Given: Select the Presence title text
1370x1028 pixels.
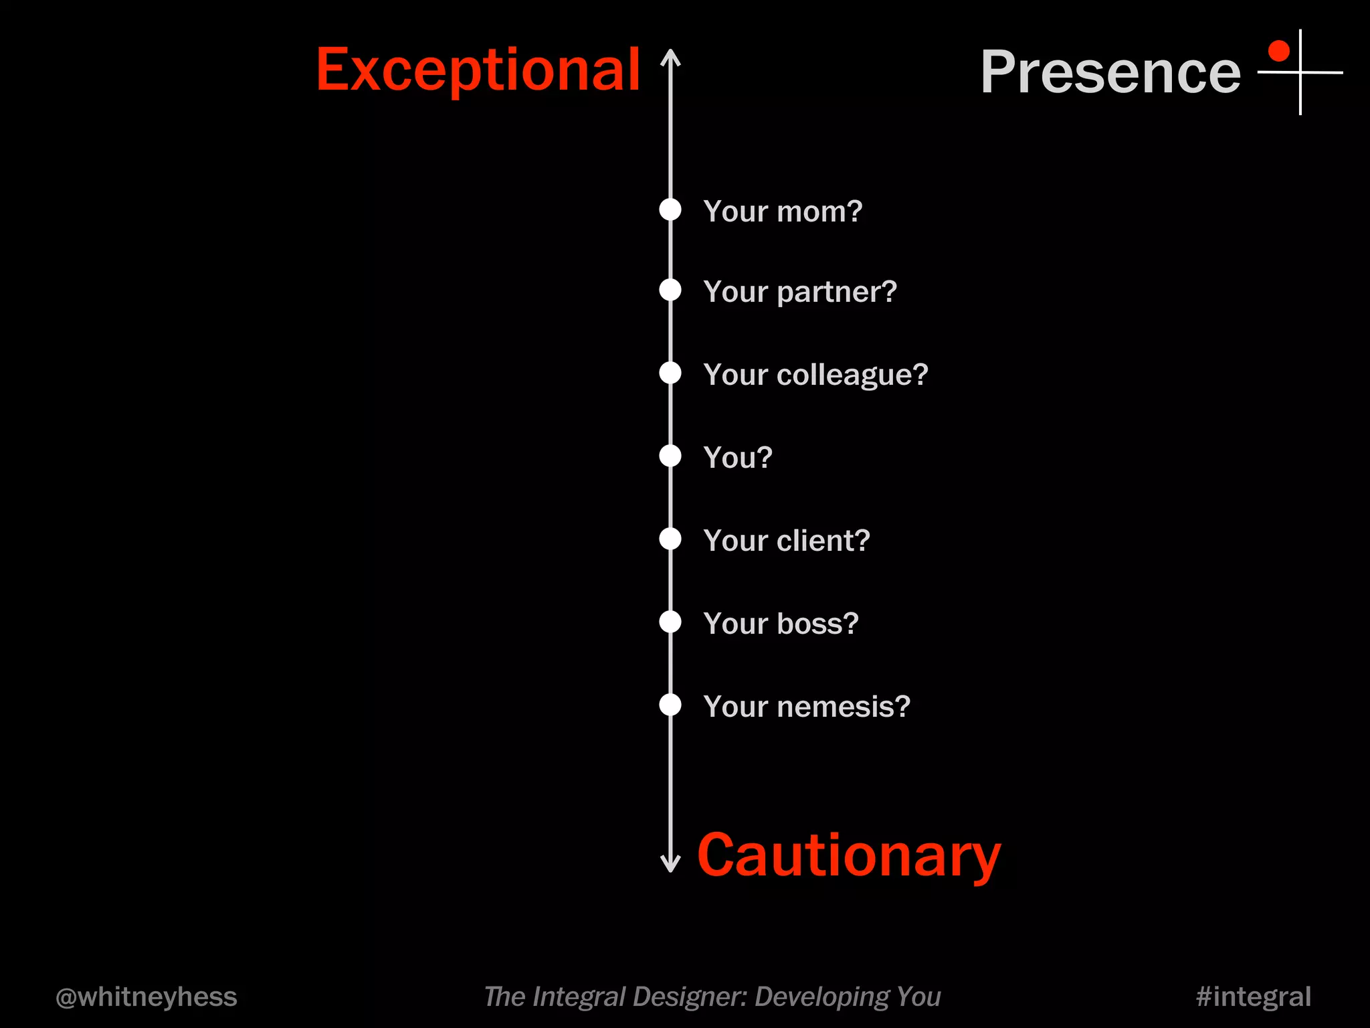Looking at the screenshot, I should (1110, 72).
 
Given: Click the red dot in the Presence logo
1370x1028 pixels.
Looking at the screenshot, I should (1278, 51).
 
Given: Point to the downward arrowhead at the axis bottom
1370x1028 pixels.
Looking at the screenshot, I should (670, 864).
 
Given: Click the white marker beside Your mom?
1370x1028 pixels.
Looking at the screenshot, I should (670, 209).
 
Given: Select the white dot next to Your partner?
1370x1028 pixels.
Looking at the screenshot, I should (670, 290).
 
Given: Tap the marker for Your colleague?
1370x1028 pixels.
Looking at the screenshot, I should (670, 373).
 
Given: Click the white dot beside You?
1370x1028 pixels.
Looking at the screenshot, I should (670, 456).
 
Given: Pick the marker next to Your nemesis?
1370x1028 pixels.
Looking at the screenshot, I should (670, 705).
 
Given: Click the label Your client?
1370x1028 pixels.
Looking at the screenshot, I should (786, 540).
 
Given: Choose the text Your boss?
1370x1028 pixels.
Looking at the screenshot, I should (781, 623).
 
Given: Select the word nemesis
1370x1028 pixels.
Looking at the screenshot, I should (843, 707).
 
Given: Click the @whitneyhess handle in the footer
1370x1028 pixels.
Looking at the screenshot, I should (146, 997).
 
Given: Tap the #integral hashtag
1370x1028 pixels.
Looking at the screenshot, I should (1253, 997).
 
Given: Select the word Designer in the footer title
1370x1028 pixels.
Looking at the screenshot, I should (689, 997).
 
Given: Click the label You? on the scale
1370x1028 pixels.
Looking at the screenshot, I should (738, 458).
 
